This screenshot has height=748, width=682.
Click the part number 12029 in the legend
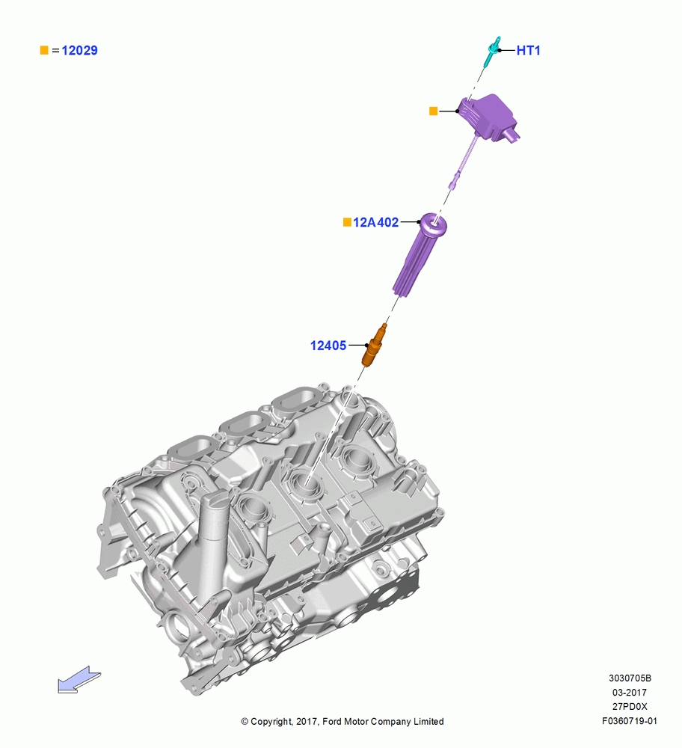80,51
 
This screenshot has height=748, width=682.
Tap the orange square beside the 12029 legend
44,50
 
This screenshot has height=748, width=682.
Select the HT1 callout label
529,51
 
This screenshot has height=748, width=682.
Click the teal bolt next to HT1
492,52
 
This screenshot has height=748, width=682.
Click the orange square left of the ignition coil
434,111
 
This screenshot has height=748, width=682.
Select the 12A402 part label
376,222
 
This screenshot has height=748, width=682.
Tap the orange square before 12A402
347,222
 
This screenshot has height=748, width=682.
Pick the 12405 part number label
328,346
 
